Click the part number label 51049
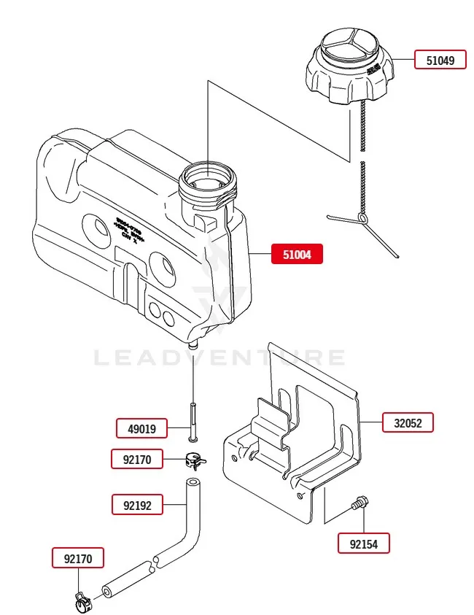pos(440,60)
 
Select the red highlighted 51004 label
pos(297,254)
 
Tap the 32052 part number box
pos(408,422)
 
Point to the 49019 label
pos(141,429)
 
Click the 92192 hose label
pos(136,504)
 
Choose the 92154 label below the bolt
pos(364,544)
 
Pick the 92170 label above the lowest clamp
pos(77,560)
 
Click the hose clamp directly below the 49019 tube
pos(194,460)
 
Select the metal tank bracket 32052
pos(299,438)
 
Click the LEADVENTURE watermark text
pos(219,357)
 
